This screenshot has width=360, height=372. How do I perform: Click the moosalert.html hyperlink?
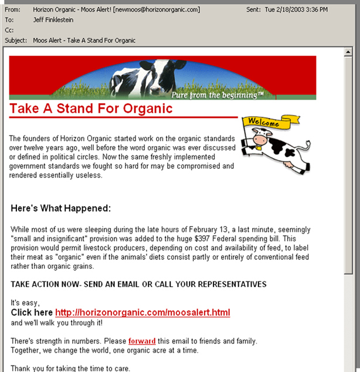coord(142,313)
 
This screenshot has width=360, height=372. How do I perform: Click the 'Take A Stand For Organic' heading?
coord(91,109)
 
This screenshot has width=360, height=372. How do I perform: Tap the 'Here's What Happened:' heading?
coord(60,208)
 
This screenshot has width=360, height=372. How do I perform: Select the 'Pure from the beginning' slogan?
coord(217,94)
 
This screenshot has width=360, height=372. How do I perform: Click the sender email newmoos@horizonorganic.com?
coord(155,10)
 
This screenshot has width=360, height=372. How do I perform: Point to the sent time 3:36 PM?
coord(336,10)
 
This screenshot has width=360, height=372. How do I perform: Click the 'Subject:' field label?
coord(16,40)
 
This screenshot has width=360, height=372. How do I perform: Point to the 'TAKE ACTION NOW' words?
coord(43,285)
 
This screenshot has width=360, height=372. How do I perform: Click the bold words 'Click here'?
coord(32,313)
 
